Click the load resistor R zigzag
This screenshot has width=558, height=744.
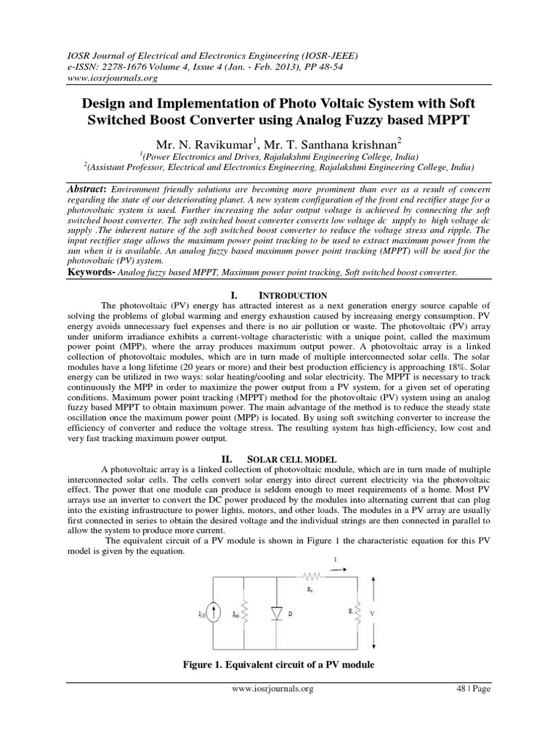357,613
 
